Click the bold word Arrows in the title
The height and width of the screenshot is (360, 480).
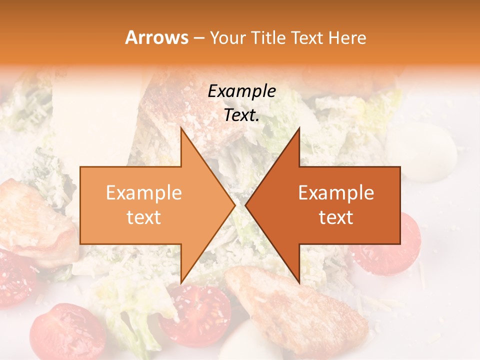click(156, 38)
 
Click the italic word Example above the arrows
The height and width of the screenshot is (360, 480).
click(241, 91)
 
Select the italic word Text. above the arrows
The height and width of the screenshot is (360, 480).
click(241, 115)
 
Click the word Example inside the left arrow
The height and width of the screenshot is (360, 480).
click(144, 192)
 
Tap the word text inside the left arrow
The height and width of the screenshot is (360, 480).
click(144, 217)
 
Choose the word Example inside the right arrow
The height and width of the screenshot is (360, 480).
click(336, 192)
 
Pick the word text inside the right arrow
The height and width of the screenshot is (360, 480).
click(336, 217)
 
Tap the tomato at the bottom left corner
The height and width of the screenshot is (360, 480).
click(65, 332)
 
